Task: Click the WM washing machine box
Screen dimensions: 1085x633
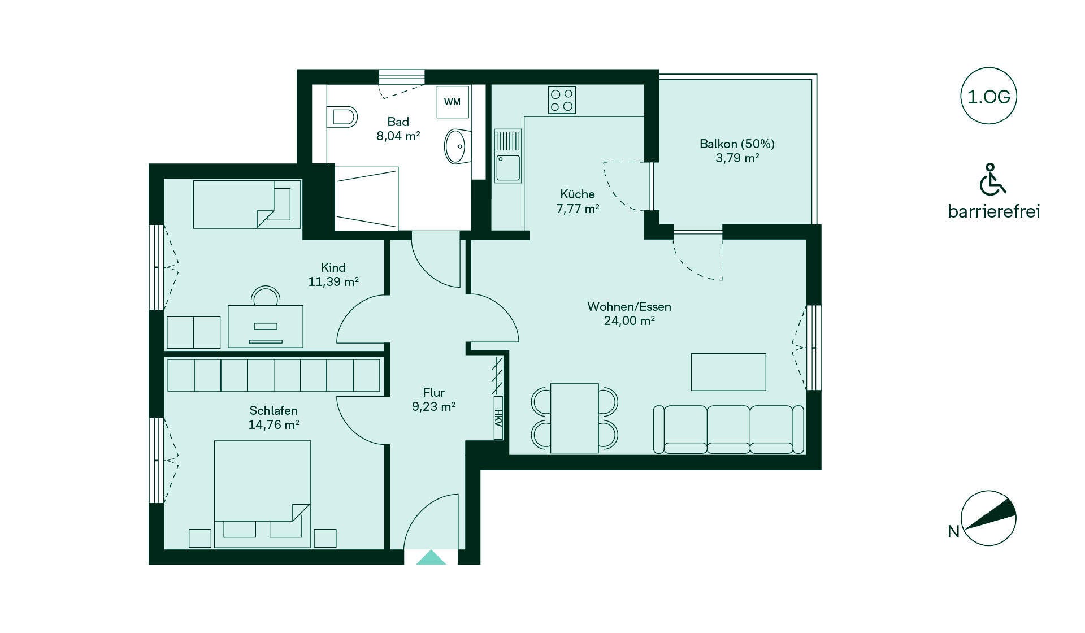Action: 452,102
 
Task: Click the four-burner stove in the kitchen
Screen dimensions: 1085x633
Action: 562,100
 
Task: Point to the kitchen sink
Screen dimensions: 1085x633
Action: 508,156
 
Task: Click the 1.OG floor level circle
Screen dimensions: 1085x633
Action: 988,96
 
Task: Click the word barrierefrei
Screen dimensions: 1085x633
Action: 994,211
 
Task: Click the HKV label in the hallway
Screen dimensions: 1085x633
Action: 498,424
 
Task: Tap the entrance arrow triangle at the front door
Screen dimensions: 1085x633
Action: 431,557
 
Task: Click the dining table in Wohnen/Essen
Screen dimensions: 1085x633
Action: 574,418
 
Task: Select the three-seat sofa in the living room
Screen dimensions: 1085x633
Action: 728,430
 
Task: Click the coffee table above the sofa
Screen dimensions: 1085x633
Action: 728,372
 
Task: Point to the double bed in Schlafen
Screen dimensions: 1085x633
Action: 262,494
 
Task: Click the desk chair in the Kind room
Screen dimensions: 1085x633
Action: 266,296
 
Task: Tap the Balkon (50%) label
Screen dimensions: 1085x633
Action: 737,144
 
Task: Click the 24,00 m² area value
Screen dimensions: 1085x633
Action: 630,320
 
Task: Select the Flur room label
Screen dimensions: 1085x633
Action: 433,392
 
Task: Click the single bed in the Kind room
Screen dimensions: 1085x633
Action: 247,204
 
